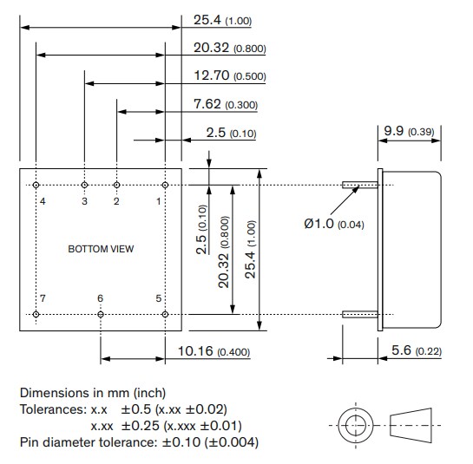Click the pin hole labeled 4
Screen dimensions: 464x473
tap(36, 185)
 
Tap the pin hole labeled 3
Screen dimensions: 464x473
tap(84, 185)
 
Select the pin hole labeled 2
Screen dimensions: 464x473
tap(116, 185)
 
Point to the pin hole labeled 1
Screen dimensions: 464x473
tap(165, 185)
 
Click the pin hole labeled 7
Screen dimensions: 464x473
tap(36, 313)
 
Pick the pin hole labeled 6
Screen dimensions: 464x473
tap(101, 313)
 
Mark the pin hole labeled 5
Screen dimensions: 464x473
tap(165, 313)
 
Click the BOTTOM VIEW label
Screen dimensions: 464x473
tap(101, 249)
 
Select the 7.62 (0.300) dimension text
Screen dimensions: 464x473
tap(225, 104)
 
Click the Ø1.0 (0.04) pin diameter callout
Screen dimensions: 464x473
tap(335, 224)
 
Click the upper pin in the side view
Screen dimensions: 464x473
tap(359, 185)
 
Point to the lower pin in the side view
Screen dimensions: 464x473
tap(359, 313)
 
